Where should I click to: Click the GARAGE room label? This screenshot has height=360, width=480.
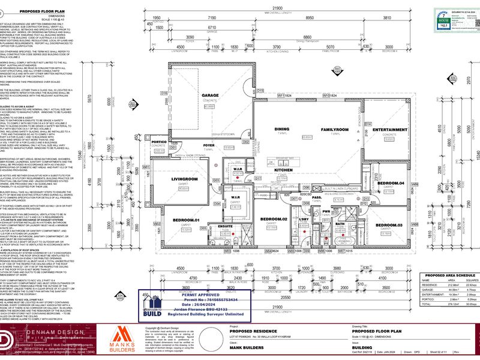coord(210,95)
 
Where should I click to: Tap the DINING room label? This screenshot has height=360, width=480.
coord(282,129)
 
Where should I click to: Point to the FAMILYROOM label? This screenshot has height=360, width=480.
coord(335,130)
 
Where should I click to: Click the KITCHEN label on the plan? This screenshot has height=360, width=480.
coord(284,170)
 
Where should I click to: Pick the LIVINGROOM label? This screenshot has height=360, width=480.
coord(185,179)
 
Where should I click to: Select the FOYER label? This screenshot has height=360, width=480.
coord(209,146)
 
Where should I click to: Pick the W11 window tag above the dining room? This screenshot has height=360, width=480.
coord(283,95)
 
